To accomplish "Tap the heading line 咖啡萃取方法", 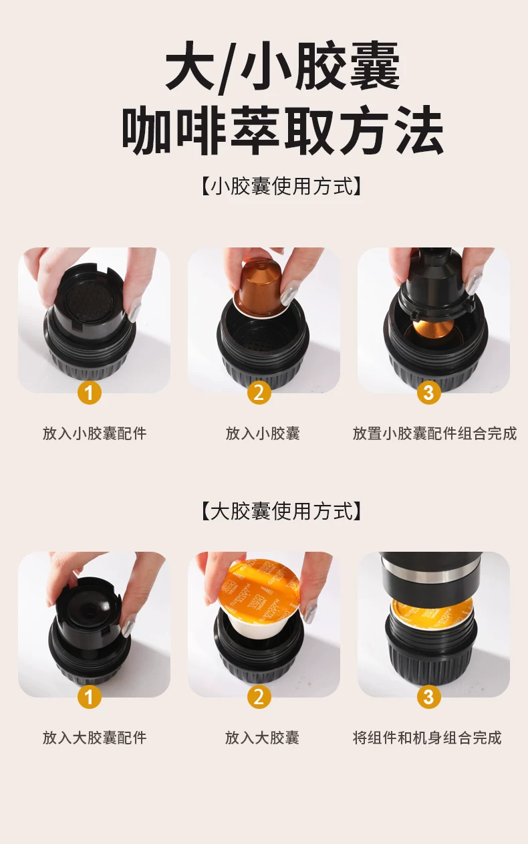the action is coord(283,130).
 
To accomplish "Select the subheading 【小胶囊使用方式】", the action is coord(281,186).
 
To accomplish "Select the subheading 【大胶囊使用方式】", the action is coord(281,512).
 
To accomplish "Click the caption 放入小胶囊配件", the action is coord(94,433).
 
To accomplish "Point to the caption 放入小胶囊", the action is coord(263,433).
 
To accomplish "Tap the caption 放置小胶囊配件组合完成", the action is coord(434,433).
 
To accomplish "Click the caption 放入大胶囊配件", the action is coord(94,738).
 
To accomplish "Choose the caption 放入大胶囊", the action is coord(262,738).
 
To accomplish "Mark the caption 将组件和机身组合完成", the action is coord(427,738).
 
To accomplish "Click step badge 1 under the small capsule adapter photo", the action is coord(90,393).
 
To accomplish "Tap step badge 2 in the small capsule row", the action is coord(259,393).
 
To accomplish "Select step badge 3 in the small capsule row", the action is coord(428,393).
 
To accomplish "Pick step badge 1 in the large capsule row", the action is coord(90,697).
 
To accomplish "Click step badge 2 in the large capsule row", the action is coord(259,697).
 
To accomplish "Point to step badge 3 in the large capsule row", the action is coord(428,697).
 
